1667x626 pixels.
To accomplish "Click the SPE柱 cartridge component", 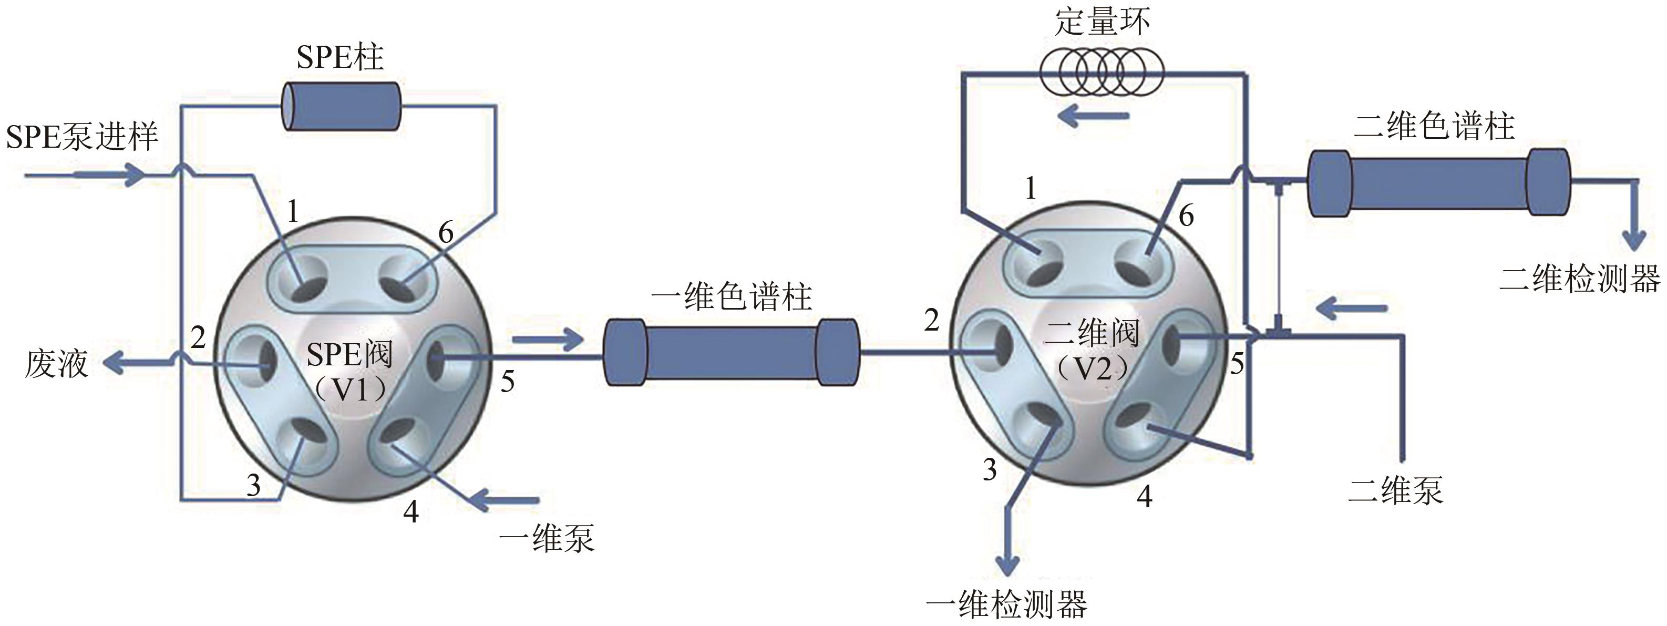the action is [342, 107].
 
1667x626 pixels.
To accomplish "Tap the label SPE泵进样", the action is [82, 137].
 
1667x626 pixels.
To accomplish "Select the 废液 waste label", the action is [56, 363].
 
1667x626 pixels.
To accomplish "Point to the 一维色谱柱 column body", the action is [731, 353].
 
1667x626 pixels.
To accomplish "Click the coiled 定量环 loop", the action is [1102, 73].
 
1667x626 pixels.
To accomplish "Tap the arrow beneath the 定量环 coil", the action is [1094, 117].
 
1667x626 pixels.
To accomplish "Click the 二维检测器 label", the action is [1580, 279].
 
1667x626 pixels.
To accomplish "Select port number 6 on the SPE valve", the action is [446, 232].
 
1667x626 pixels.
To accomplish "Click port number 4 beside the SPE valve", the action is [411, 511].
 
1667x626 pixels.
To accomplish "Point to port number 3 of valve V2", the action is [990, 469].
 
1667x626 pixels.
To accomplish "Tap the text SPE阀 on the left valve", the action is [349, 355].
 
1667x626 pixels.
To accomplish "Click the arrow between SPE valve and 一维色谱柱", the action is [548, 338].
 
